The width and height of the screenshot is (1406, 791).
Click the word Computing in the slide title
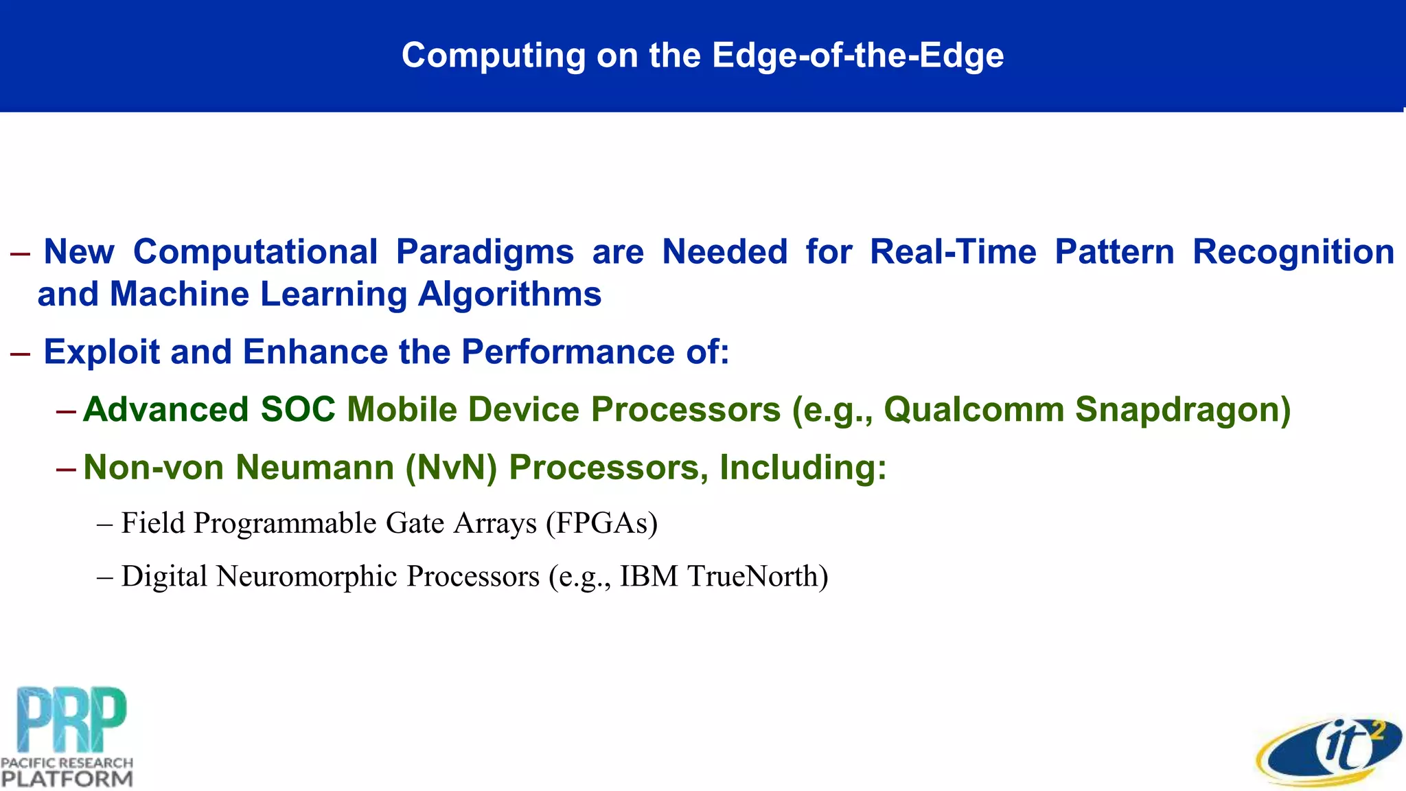(492, 56)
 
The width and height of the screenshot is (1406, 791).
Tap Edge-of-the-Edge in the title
(857, 56)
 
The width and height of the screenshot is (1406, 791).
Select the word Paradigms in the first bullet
(484, 252)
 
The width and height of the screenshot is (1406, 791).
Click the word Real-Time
(953, 252)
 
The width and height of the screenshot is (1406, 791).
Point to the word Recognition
(1293, 252)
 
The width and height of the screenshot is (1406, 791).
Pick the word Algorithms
(509, 295)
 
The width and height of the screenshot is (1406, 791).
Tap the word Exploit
(101, 352)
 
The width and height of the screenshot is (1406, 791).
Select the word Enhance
(315, 352)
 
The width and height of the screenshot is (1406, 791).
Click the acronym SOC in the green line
(297, 410)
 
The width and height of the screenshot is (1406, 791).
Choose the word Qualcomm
(973, 410)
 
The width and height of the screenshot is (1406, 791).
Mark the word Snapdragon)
(1183, 410)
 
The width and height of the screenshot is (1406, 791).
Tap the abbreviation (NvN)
(451, 468)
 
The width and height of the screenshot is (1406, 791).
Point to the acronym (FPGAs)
(602, 523)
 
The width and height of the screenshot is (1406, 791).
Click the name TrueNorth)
(758, 577)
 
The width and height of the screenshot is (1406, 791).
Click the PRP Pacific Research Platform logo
(67, 736)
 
